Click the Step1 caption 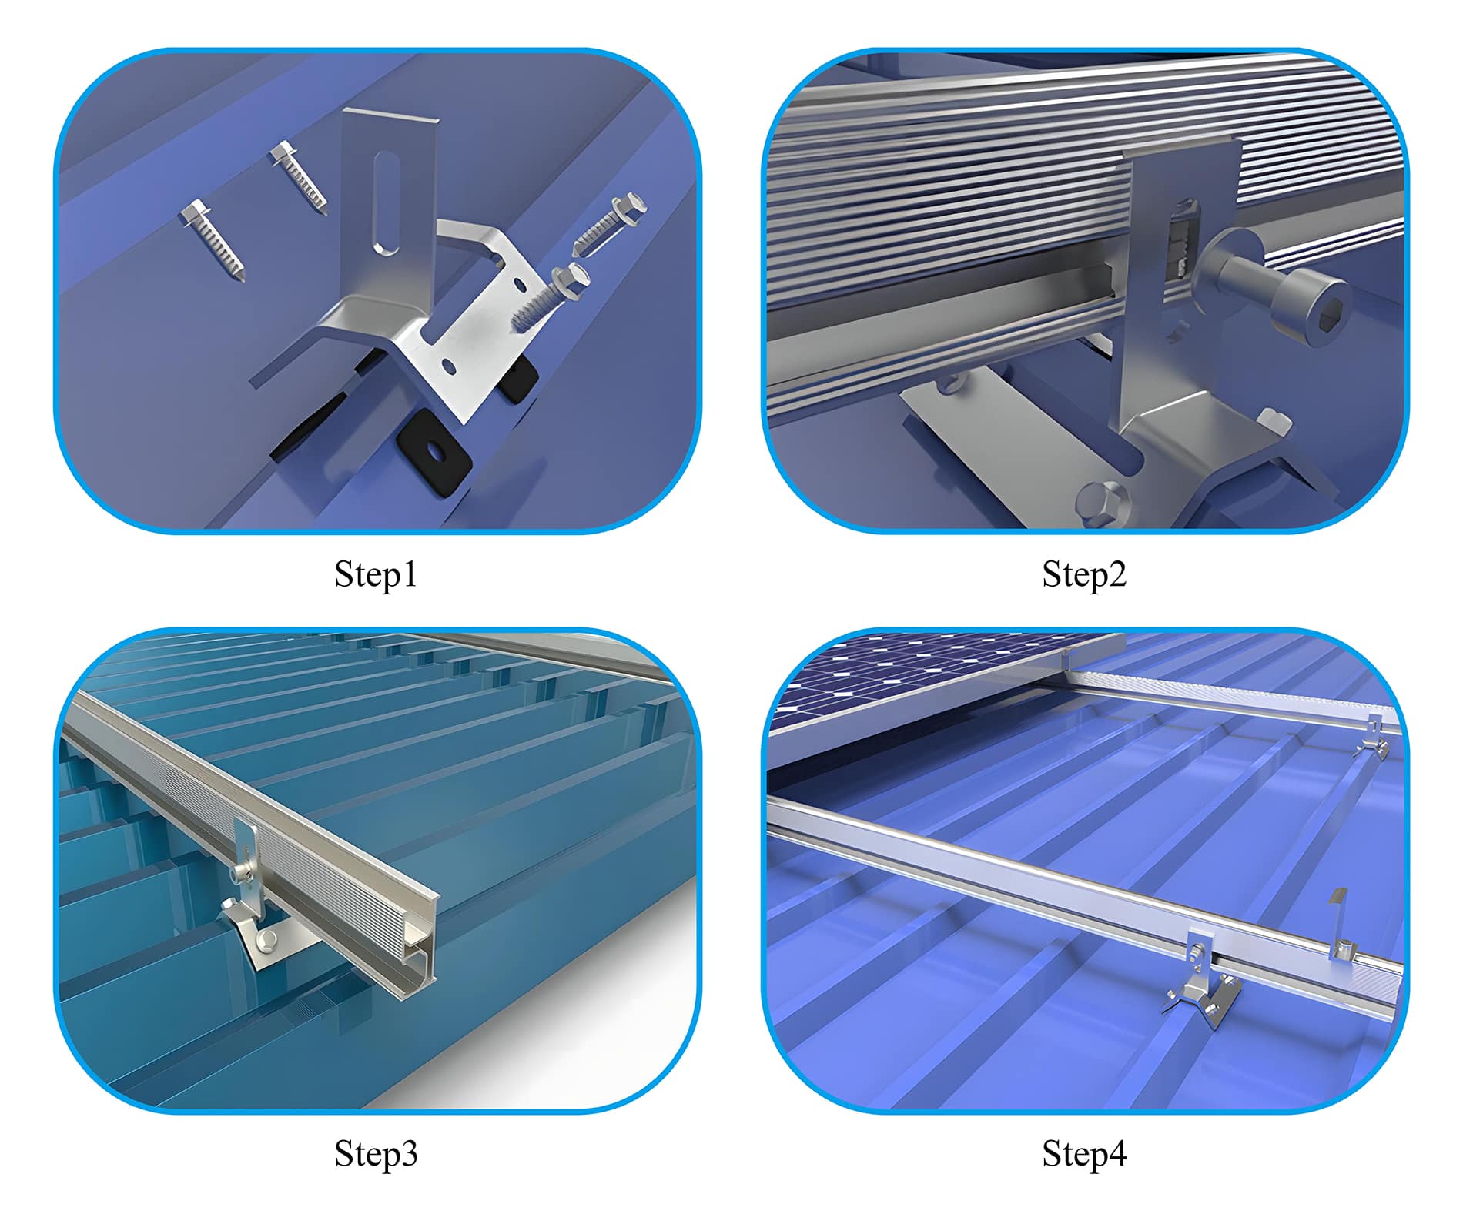(x=376, y=574)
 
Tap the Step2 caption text (x=1084, y=574)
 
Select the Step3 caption (x=376, y=1154)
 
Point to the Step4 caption (x=1084, y=1154)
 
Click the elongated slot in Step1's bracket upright (x=385, y=203)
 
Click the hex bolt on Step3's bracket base (x=270, y=938)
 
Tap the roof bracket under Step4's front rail (x=1206, y=993)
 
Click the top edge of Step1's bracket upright (x=390, y=115)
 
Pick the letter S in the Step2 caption (x=1051, y=574)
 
